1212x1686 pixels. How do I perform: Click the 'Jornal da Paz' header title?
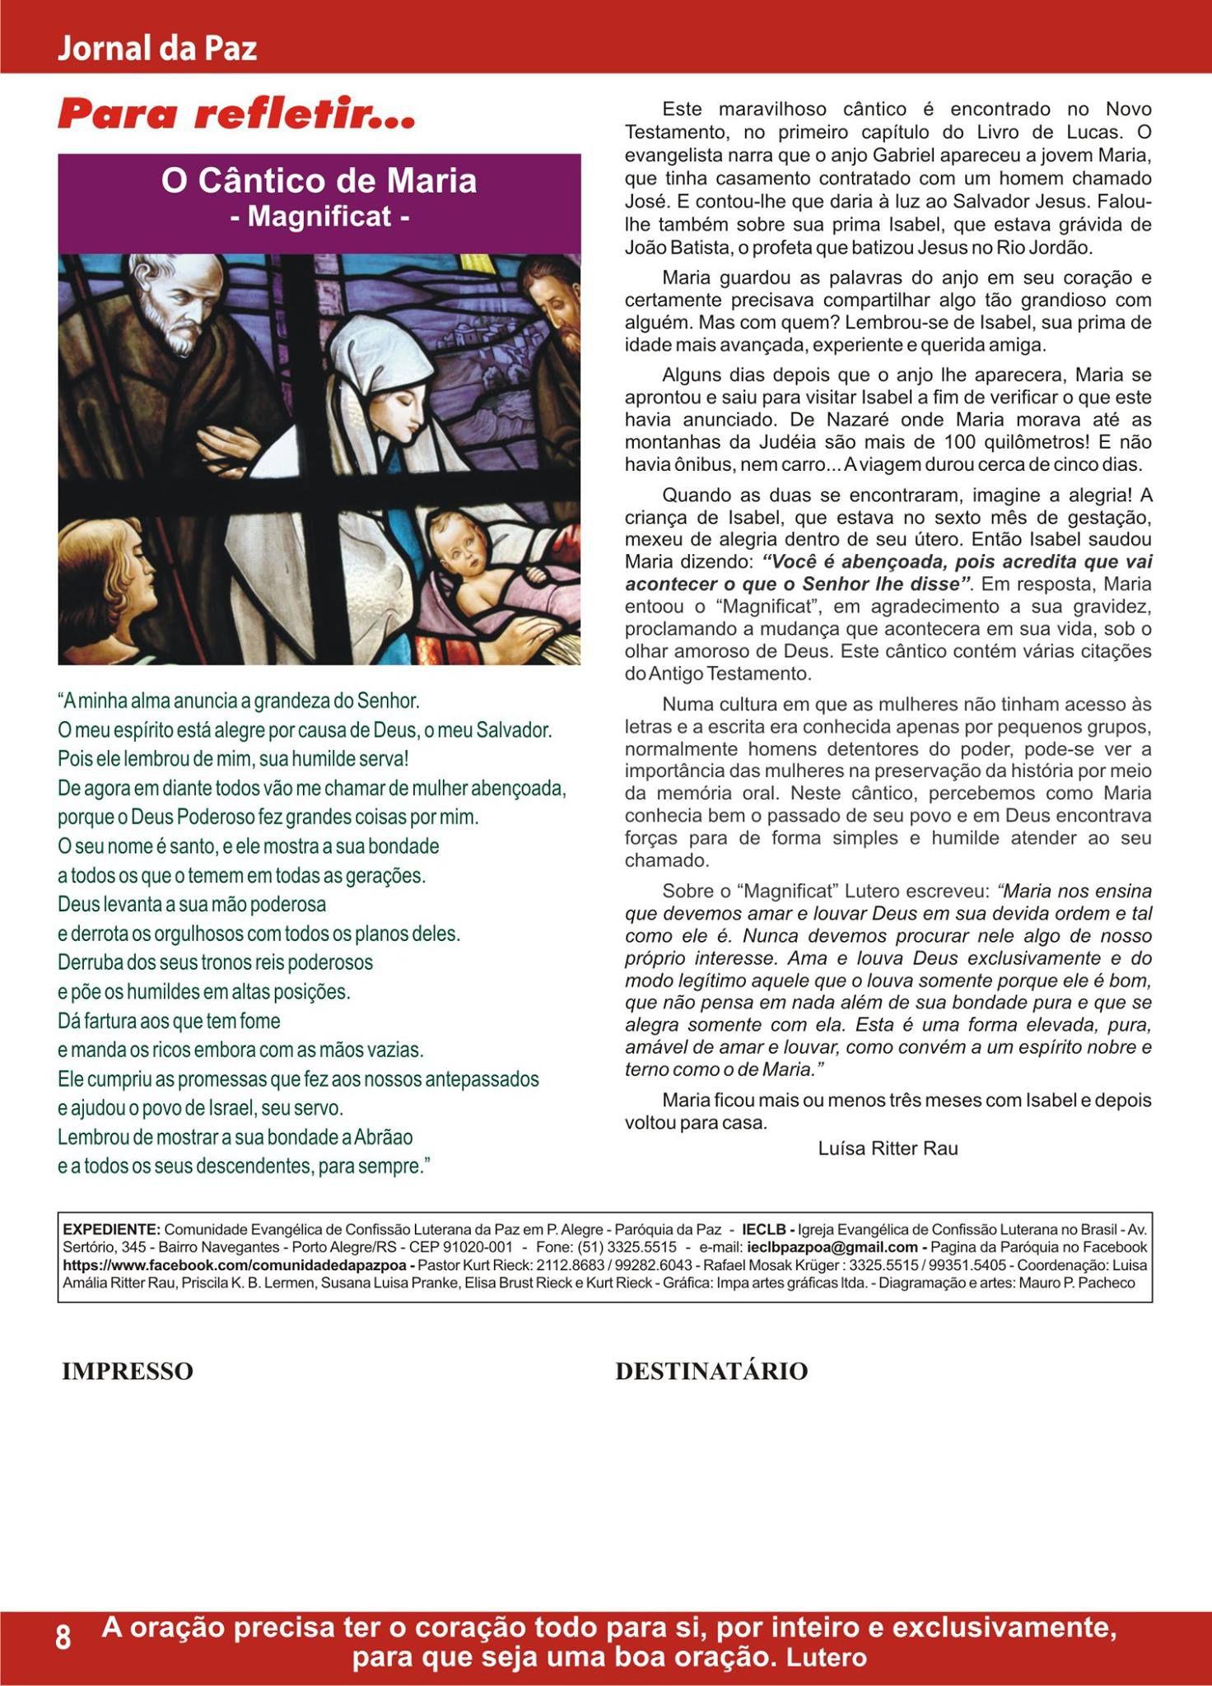coord(156,49)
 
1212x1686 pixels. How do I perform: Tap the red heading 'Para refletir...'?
coord(236,114)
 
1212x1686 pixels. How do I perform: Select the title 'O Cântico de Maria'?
coord(319,181)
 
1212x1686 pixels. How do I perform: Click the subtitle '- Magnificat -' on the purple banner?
coord(319,217)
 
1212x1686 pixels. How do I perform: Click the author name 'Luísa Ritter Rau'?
coord(888,1148)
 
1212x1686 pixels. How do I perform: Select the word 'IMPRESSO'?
coord(128,1372)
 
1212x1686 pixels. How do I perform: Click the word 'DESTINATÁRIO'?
coord(711,1372)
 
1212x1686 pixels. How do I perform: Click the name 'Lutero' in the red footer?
coord(827,1656)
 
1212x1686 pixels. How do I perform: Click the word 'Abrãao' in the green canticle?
coord(383,1137)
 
